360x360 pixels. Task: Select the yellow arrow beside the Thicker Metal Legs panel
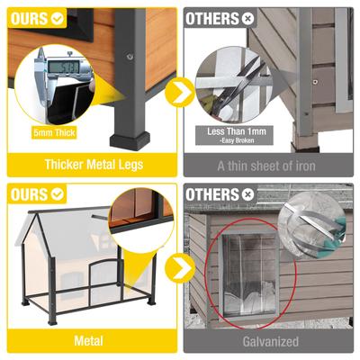pos(180,91)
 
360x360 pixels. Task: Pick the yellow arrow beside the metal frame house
pos(180,267)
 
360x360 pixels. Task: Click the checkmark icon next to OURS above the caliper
pos(56,17)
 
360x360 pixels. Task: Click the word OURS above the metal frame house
pos(28,193)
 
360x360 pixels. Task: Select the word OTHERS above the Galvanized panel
pos(211,193)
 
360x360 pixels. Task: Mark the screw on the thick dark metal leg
pos(130,56)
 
